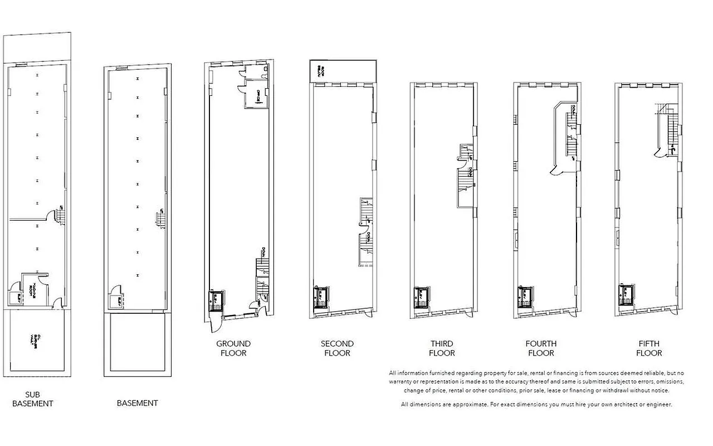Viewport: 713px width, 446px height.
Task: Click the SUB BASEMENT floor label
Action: point(32,399)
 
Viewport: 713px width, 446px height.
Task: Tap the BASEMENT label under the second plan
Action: point(137,403)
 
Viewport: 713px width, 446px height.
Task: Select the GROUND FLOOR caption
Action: point(233,348)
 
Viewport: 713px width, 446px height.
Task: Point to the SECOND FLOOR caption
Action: point(337,348)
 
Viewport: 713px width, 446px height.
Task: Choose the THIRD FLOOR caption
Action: point(442,348)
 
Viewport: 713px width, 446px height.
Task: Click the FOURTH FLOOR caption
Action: point(541,348)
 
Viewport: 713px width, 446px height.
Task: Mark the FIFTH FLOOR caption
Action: point(649,348)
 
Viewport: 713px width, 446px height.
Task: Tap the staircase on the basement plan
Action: point(160,219)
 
